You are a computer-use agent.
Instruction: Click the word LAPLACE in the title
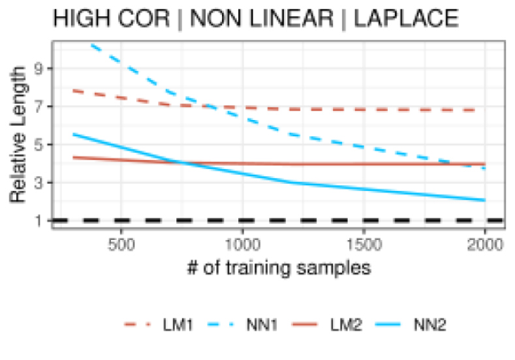point(406,20)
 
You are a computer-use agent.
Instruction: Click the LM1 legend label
point(177,324)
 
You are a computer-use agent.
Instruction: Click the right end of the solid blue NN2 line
point(485,200)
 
